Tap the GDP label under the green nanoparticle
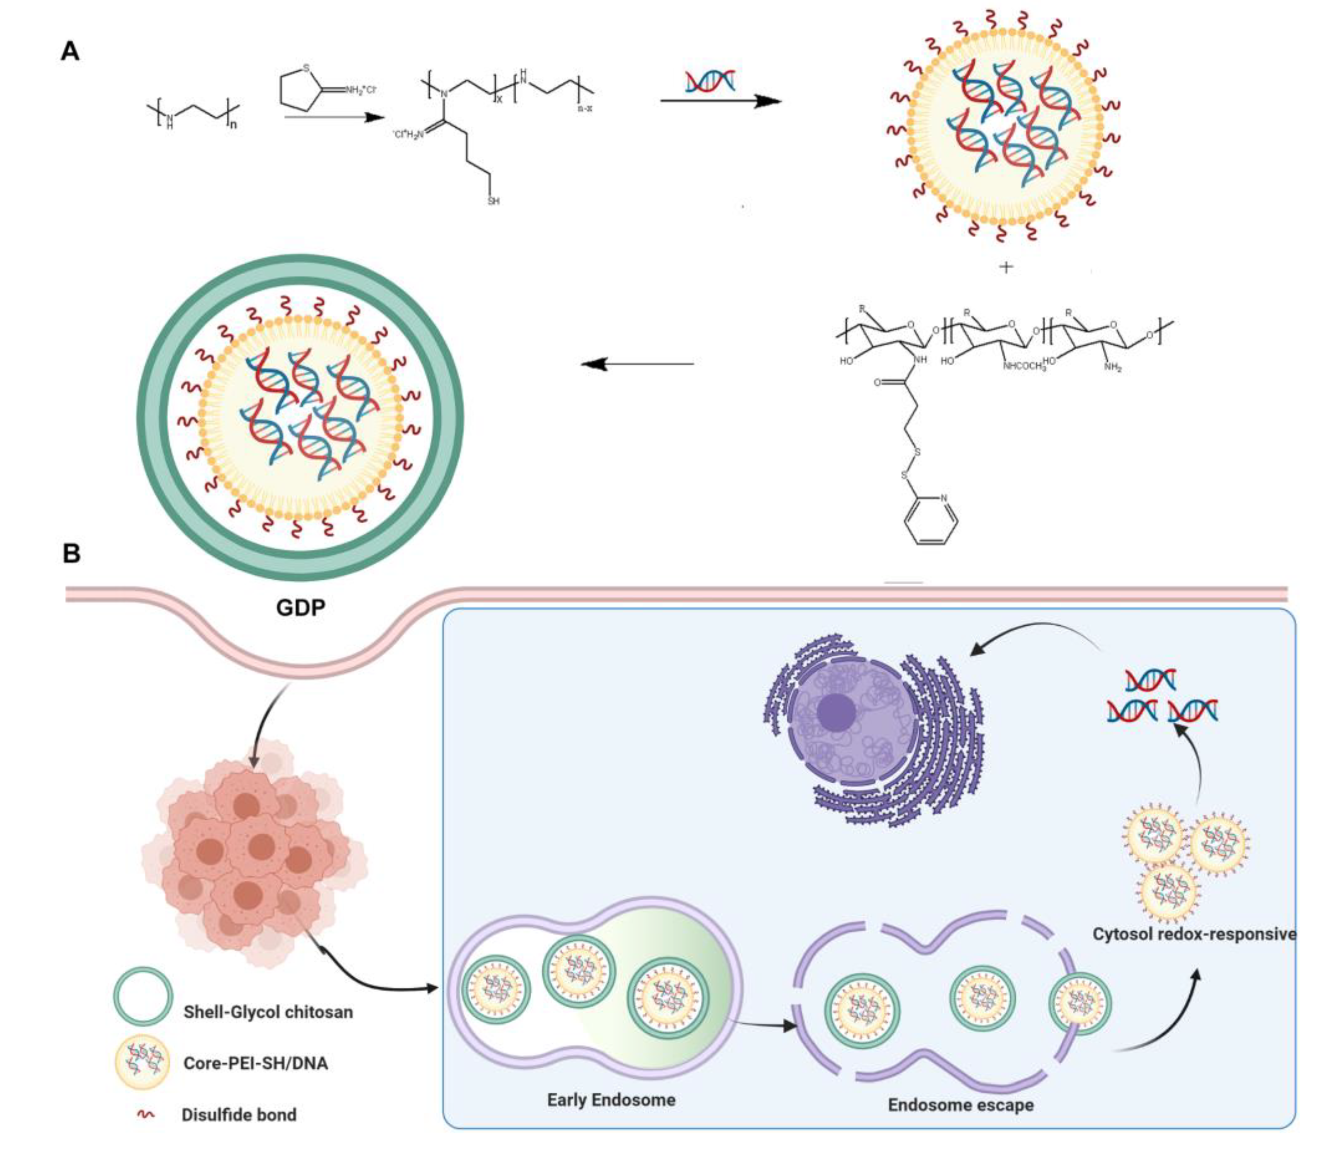pyautogui.click(x=300, y=607)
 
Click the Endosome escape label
pyautogui.click(x=960, y=1104)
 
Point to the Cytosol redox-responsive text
pyautogui.click(x=1194, y=934)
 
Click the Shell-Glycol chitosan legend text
pyautogui.click(x=268, y=1012)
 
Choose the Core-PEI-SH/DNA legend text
pyautogui.click(x=256, y=1062)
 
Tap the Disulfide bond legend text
pyautogui.click(x=239, y=1115)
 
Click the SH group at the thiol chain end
pyautogui.click(x=493, y=202)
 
